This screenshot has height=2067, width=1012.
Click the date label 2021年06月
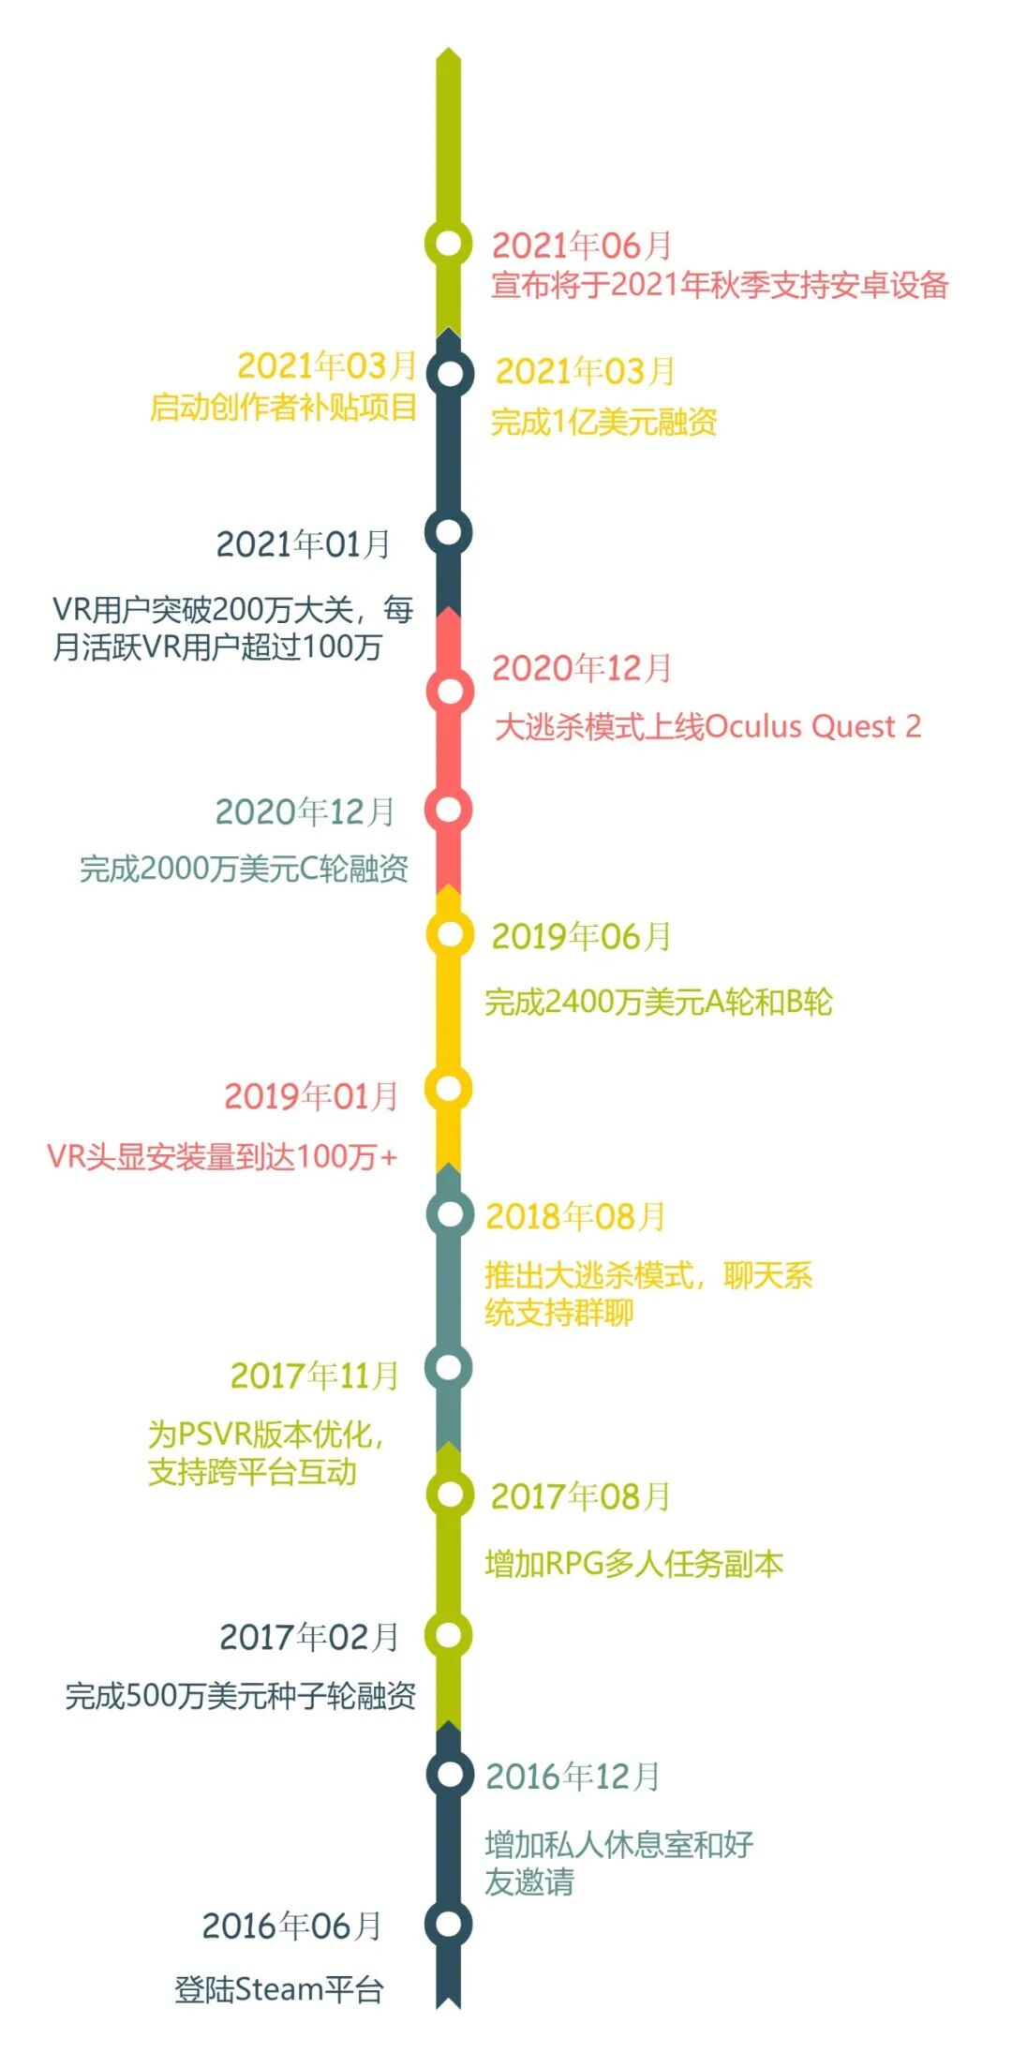582,245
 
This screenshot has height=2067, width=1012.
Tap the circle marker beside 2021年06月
449,244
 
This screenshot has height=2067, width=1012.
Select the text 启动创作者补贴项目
283,408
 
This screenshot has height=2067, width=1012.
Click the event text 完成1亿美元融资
604,423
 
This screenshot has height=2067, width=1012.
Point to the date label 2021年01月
303,543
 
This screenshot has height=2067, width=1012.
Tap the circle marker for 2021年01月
449,532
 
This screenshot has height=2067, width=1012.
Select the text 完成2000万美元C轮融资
244,869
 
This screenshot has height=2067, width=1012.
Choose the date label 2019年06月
581,936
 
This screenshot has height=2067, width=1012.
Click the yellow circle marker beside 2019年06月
450,934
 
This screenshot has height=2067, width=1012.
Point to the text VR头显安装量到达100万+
222,1156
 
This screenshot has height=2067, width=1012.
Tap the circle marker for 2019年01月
449,1089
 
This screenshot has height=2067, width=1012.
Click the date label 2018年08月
575,1216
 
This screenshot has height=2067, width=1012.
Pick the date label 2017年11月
315,1376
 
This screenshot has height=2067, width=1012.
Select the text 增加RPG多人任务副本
633,1564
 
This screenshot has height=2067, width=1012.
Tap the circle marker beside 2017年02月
449,1635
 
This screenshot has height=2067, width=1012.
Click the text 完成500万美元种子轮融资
240,1695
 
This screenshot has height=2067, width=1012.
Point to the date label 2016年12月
573,1777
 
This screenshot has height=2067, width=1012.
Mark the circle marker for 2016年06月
449,1924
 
